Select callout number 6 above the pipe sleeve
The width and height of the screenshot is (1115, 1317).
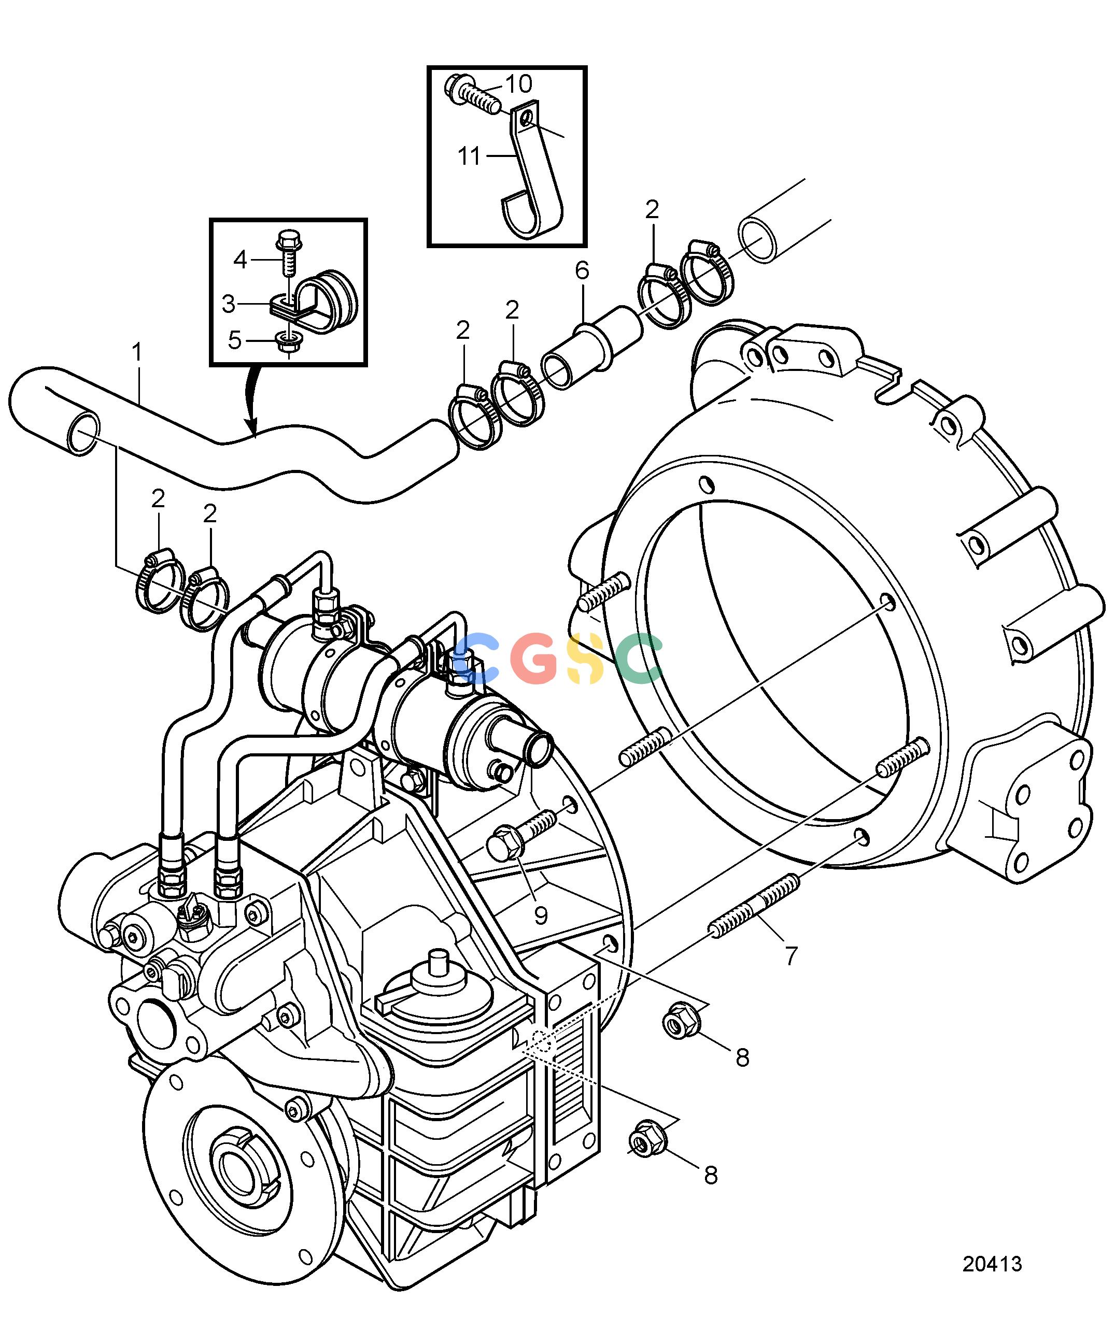tap(582, 270)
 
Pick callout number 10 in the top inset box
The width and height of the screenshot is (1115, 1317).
tap(518, 83)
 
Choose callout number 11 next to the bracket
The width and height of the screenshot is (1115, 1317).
tap(469, 155)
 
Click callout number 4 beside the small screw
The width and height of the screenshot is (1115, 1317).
tap(240, 259)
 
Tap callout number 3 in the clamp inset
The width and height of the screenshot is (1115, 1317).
tap(229, 305)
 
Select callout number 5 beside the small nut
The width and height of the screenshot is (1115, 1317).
tap(234, 340)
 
